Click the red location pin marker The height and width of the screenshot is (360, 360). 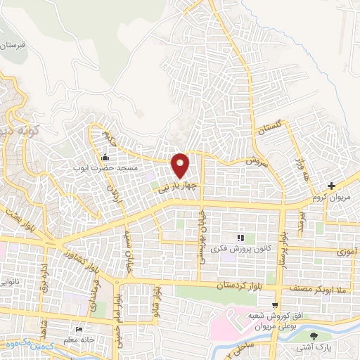[181, 165]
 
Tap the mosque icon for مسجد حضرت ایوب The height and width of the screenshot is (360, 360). [105, 157]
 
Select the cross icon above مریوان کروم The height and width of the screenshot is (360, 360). [332, 186]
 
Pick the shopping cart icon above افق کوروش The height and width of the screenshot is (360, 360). [276, 304]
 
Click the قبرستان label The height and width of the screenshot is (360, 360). [15, 44]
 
